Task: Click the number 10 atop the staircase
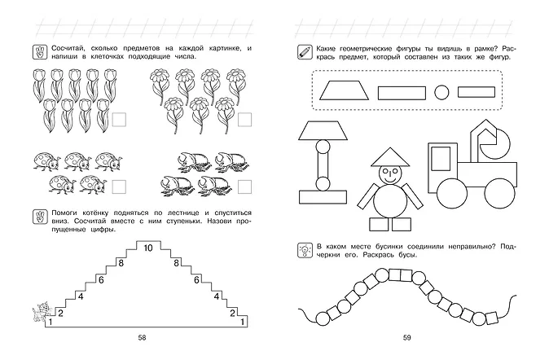[148, 248]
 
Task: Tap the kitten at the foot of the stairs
[37, 313]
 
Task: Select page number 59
[407, 339]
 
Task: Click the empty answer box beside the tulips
[119, 121]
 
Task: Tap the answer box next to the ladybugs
[119, 185]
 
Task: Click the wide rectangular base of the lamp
[323, 195]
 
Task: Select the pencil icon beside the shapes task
[303, 51]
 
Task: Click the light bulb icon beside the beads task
[303, 248]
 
